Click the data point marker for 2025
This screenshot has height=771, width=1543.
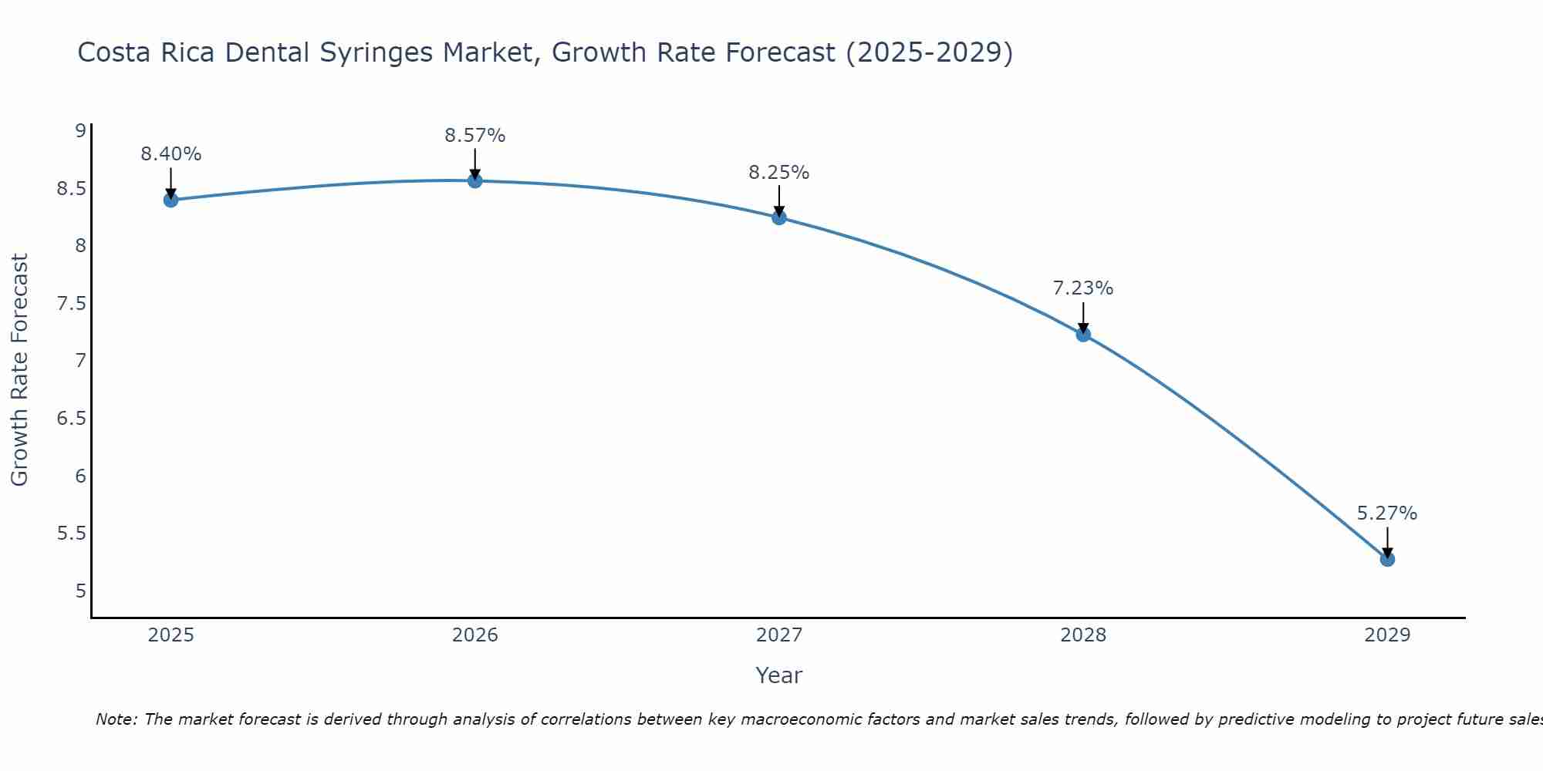[x=171, y=200]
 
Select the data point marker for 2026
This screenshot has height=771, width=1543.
[x=475, y=180]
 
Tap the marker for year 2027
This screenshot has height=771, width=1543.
[x=779, y=217]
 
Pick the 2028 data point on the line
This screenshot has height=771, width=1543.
[x=1083, y=334]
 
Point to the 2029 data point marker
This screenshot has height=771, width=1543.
[x=1387, y=559]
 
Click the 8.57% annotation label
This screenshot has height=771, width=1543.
[x=475, y=136]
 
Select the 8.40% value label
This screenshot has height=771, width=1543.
[x=171, y=154]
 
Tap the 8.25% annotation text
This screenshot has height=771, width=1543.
[x=779, y=173]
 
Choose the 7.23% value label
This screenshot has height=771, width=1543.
[x=1083, y=288]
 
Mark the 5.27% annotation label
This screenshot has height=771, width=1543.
[x=1387, y=513]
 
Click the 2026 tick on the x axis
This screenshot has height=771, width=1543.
[x=475, y=635]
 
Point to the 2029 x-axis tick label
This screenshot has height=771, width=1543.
[x=1387, y=635]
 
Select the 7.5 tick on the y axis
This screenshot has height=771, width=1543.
[x=71, y=304]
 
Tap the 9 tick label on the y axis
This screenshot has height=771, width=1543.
[x=80, y=131]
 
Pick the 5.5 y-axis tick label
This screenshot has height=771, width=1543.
[x=71, y=534]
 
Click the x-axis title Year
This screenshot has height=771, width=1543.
[x=779, y=675]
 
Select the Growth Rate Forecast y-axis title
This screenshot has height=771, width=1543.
[x=19, y=370]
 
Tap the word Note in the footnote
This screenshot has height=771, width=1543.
[x=116, y=719]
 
